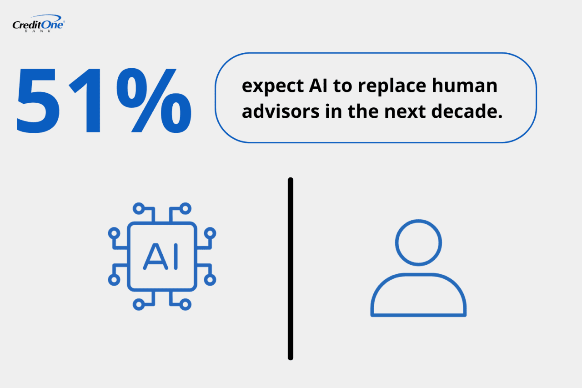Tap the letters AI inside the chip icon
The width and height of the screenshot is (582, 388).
(x=162, y=257)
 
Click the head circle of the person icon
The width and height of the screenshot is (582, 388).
(x=418, y=242)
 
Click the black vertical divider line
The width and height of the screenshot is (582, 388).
(x=291, y=268)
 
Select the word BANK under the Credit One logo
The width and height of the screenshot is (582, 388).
(x=38, y=31)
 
